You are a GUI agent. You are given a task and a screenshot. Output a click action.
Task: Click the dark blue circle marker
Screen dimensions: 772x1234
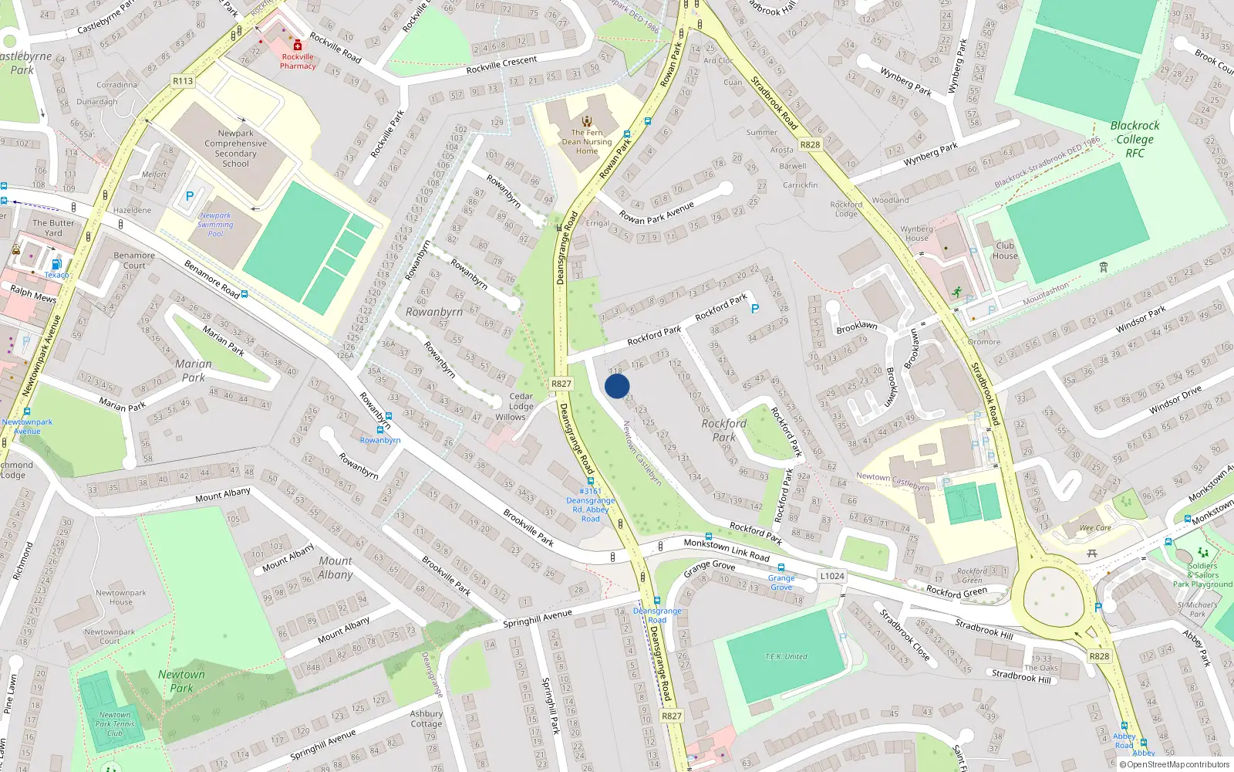[x=617, y=386]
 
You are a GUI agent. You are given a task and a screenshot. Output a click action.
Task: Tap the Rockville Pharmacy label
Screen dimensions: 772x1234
[x=298, y=61]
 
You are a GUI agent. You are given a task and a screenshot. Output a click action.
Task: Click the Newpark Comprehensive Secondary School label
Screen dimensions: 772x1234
[x=235, y=148]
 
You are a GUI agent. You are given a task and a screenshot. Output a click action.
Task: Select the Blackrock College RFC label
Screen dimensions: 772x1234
[x=1135, y=139]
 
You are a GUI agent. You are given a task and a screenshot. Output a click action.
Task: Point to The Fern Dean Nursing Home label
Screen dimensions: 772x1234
[x=586, y=141]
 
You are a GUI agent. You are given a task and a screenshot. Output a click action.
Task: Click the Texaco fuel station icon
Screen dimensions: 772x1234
[x=56, y=265]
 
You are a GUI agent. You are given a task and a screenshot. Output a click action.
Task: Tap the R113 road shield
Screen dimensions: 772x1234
[x=183, y=80]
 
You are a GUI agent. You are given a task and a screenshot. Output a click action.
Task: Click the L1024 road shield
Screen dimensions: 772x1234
[x=832, y=576]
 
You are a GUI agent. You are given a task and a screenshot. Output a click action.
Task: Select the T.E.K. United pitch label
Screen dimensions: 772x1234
[x=786, y=656]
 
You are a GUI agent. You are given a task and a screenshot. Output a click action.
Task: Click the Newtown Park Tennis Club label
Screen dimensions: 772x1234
[x=115, y=724]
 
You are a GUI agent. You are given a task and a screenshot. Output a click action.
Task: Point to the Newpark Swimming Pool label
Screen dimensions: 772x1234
[x=215, y=225]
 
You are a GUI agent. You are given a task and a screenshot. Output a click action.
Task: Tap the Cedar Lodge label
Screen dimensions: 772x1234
[x=521, y=401]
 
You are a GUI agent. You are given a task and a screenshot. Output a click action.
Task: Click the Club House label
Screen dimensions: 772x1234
[x=1005, y=251]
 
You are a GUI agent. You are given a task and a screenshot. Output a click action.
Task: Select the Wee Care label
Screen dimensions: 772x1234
[x=1095, y=528]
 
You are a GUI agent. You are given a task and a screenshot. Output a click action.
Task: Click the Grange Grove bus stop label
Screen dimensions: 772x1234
[x=781, y=582]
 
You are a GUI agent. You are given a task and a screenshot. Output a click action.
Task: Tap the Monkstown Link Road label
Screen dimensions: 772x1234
[x=727, y=550]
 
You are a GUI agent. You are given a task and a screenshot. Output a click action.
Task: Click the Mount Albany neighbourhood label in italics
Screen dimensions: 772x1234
[x=335, y=567]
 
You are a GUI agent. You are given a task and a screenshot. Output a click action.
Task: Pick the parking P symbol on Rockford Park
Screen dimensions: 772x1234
[x=755, y=309]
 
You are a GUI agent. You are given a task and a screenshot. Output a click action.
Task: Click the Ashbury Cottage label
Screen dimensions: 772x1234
[x=427, y=719]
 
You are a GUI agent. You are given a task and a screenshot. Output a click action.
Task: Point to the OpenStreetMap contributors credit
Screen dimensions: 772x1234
[x=1175, y=764]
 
